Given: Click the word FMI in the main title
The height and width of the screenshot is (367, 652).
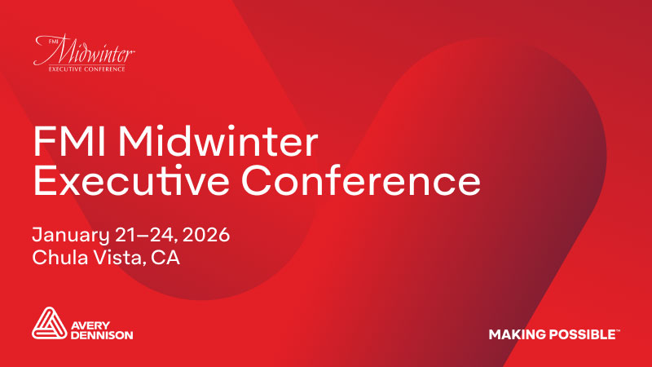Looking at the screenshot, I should pos(65,144).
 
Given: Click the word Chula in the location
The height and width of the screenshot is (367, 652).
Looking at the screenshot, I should pos(58,259).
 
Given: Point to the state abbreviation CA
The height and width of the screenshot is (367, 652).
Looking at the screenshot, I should pos(166,259).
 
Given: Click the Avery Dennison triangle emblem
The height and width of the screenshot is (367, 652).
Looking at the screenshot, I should pos(48,324).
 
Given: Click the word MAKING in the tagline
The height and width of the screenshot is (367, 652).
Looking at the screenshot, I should pos(515,334).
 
